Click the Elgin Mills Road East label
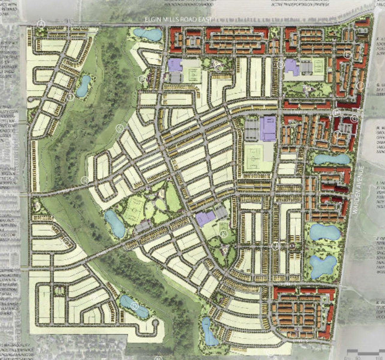(178, 19)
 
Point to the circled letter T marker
(71, 97)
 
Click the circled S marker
(120, 128)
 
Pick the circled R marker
(85, 180)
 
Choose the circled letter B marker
(142, 79)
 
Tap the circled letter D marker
(280, 64)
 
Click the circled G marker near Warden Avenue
(354, 119)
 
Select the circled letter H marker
(337, 113)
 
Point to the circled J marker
(276, 246)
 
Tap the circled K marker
(223, 234)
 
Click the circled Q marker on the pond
(135, 306)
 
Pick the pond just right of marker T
(83, 86)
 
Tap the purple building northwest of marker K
(205, 218)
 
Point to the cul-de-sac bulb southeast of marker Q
(155, 323)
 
